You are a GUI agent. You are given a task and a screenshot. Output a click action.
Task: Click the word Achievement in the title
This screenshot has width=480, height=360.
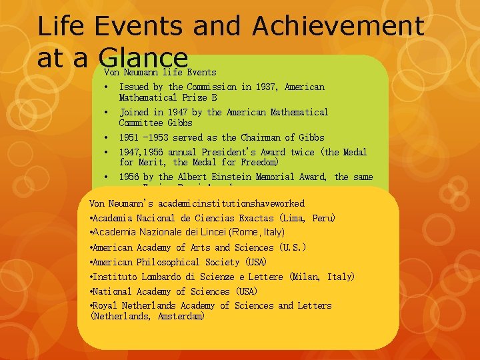coord(338,26)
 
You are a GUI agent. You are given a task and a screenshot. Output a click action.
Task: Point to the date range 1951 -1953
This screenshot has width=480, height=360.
coord(145,137)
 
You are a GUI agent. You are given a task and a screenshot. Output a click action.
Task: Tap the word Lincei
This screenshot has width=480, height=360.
coord(217,232)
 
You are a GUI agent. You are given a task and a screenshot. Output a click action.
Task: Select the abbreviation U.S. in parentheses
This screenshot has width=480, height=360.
coord(294,247)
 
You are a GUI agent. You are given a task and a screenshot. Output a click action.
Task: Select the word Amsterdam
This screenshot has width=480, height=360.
coord(181,316)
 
